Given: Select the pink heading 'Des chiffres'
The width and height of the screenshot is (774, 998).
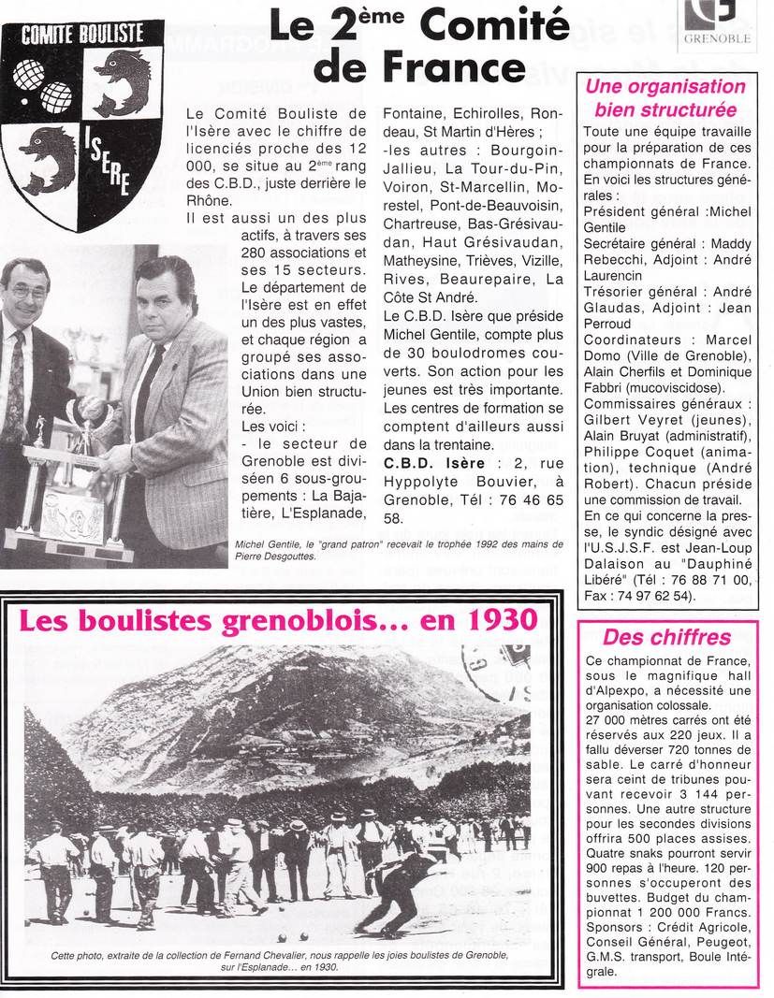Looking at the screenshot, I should [665, 638].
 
